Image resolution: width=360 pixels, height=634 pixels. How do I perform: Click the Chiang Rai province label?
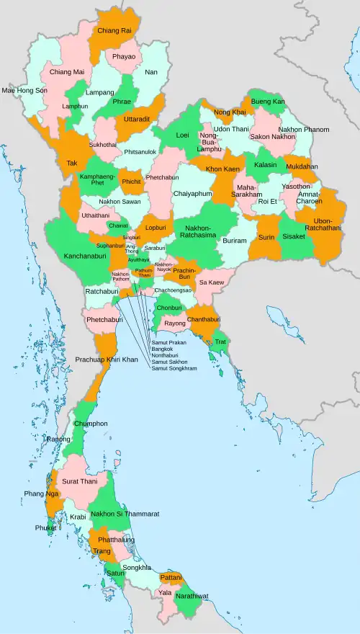pyautogui.click(x=114, y=31)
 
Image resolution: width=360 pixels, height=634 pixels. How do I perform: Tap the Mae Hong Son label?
pyautogui.click(x=24, y=91)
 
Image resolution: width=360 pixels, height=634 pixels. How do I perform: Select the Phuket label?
pyautogui.click(x=45, y=527)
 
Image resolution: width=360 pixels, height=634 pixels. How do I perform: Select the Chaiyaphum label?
pyautogui.click(x=192, y=194)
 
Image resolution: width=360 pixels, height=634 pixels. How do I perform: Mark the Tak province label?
pyautogui.click(x=72, y=164)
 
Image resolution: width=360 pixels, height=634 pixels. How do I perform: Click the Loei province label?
pyautogui.click(x=183, y=135)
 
